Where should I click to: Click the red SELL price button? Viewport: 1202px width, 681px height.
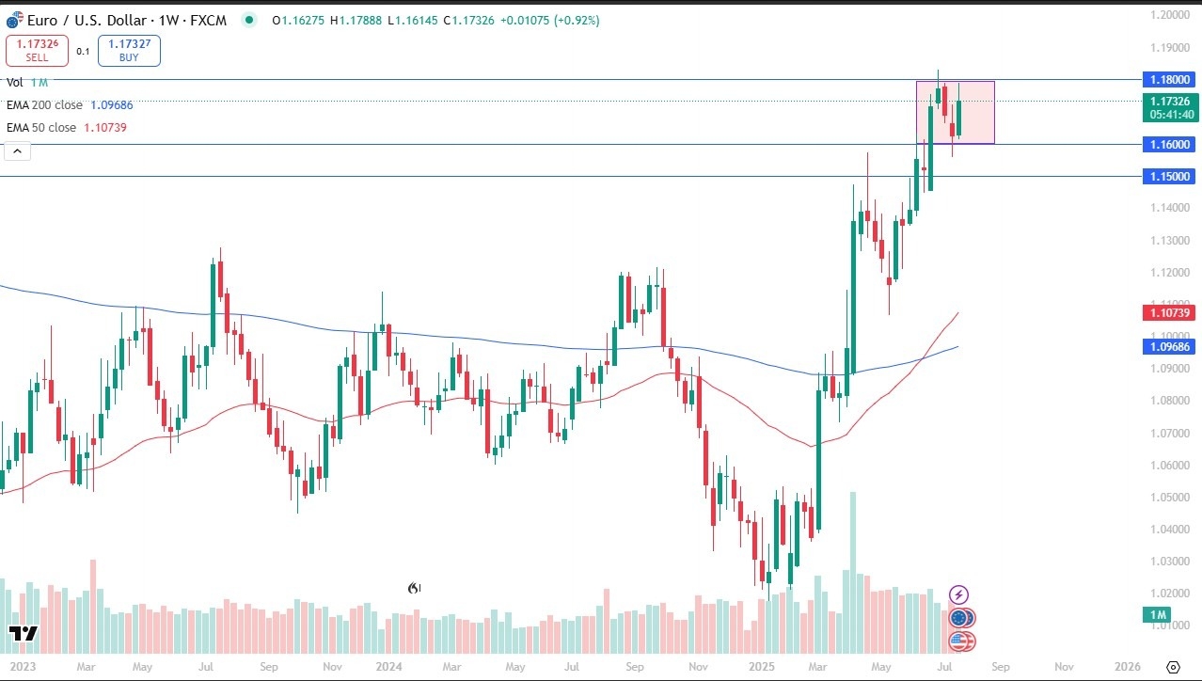coord(37,51)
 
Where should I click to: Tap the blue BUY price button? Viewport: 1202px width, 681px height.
coord(129,51)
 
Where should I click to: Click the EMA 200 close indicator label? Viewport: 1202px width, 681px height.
coord(44,105)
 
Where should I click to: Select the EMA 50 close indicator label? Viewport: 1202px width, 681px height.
coord(41,127)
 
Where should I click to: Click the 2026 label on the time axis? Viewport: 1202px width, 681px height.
coord(1127,667)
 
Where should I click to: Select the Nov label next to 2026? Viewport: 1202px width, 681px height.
coord(1064,667)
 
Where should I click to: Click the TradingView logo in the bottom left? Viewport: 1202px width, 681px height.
coord(23,634)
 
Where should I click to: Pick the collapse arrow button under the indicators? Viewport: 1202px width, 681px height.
coord(18,150)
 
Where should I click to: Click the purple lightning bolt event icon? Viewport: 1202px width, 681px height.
coord(958,594)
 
